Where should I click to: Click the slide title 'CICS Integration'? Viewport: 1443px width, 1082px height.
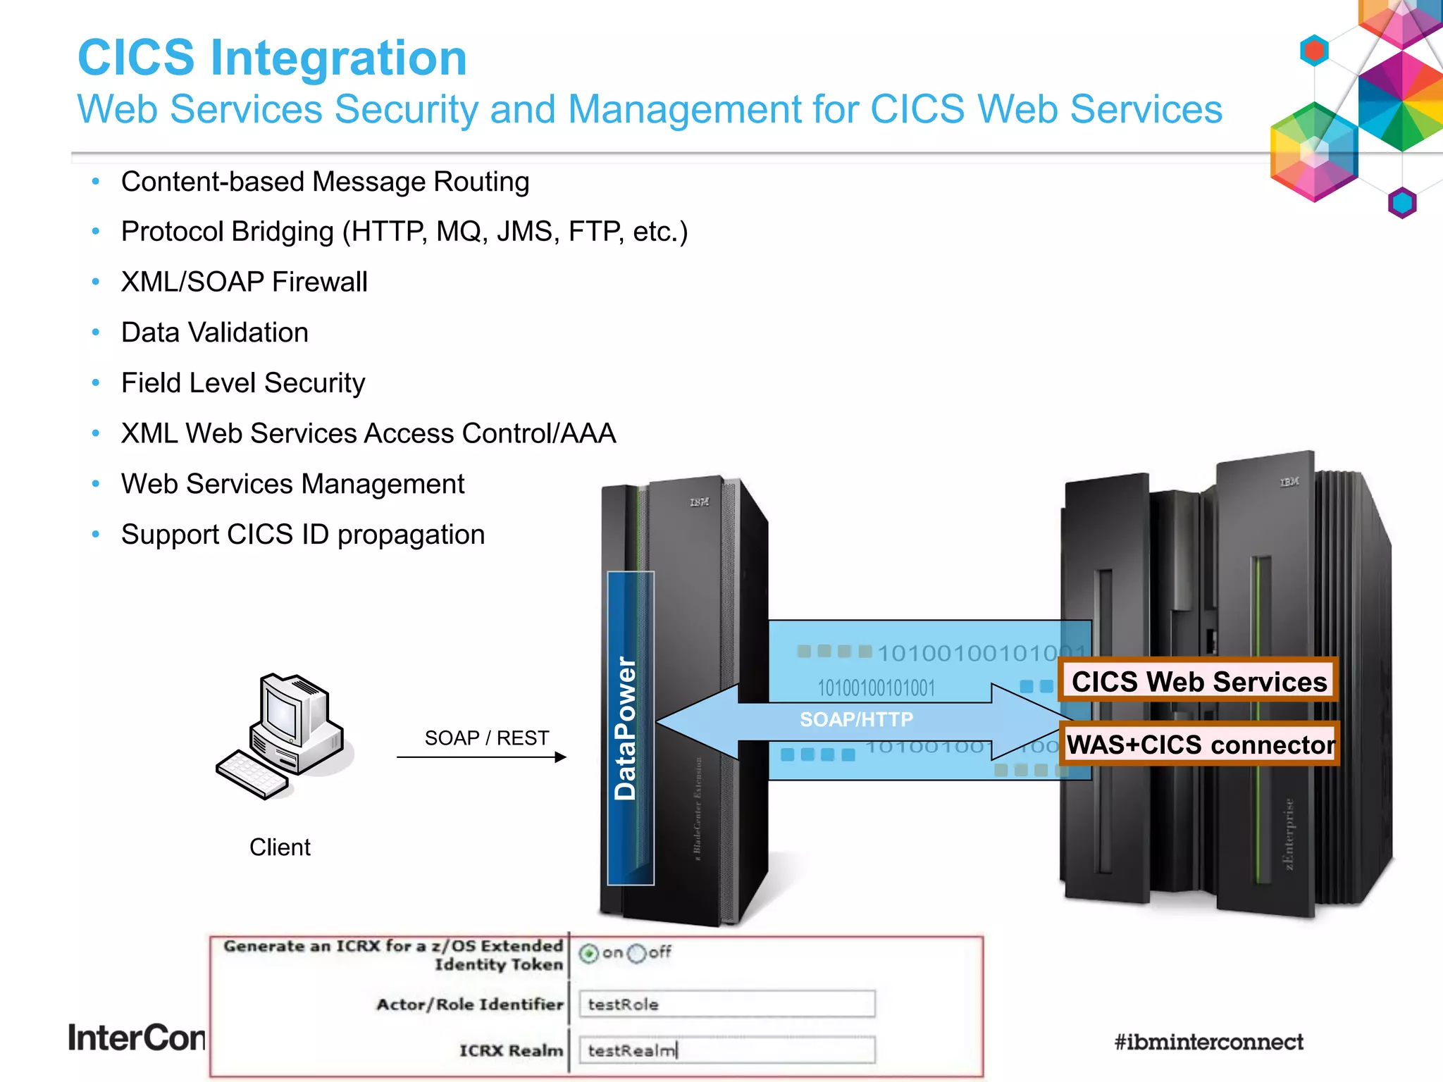click(272, 58)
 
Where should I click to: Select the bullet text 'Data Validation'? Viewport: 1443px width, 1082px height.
click(214, 332)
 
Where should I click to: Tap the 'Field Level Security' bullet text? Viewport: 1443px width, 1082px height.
click(242, 383)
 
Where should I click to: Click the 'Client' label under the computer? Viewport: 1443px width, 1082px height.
click(280, 847)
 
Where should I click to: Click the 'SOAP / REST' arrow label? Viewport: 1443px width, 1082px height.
click(486, 738)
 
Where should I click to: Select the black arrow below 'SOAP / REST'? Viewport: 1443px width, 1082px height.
click(482, 757)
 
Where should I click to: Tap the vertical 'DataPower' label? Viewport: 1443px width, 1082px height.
click(626, 728)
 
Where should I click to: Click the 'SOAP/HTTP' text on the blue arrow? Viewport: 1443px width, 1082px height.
click(856, 719)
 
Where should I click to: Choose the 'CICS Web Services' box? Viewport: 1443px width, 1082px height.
click(1199, 681)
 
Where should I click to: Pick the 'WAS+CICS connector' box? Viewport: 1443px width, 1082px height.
click(1201, 745)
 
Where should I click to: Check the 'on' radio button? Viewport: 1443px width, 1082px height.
click(589, 954)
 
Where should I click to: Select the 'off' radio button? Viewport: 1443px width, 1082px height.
click(636, 954)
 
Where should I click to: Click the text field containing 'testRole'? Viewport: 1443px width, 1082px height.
click(726, 1004)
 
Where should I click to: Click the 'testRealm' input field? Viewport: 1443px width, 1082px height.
click(726, 1050)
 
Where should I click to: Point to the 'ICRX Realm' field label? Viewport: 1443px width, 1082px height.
click(512, 1050)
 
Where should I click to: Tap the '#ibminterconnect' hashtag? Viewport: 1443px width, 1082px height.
click(1208, 1042)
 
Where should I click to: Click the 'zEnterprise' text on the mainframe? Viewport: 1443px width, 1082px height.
click(1289, 835)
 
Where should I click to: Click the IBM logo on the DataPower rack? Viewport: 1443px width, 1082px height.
click(699, 502)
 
